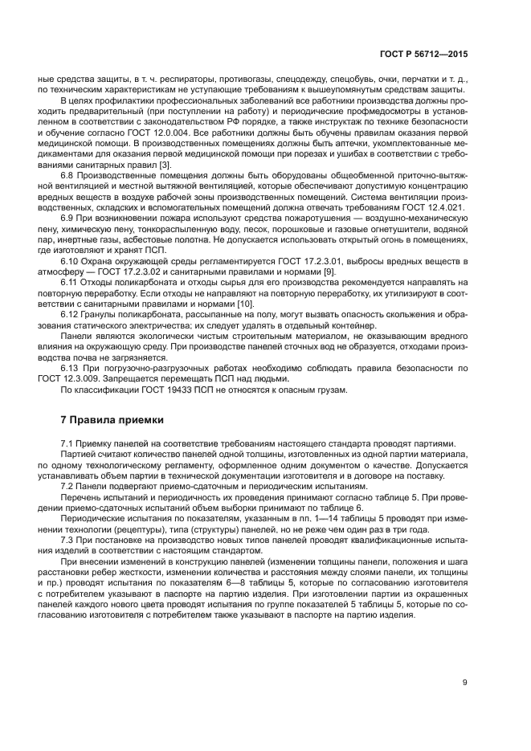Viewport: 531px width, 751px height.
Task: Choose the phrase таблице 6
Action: pyautogui.click(x=343, y=507)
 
